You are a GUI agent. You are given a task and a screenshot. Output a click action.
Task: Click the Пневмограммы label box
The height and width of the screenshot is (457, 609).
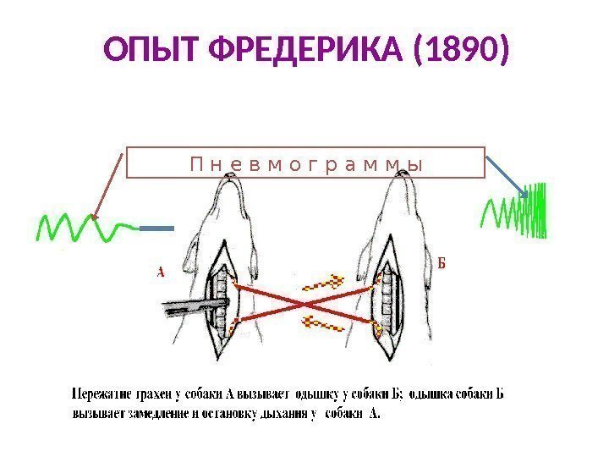[305, 162]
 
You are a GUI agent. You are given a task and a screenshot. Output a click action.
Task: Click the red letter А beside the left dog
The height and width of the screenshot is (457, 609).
[160, 273]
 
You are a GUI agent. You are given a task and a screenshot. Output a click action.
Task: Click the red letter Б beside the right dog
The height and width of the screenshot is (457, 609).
[441, 262]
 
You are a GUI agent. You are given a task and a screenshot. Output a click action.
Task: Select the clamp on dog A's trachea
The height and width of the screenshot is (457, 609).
[190, 305]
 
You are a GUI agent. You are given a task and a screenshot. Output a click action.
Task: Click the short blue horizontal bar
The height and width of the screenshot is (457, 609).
[157, 228]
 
